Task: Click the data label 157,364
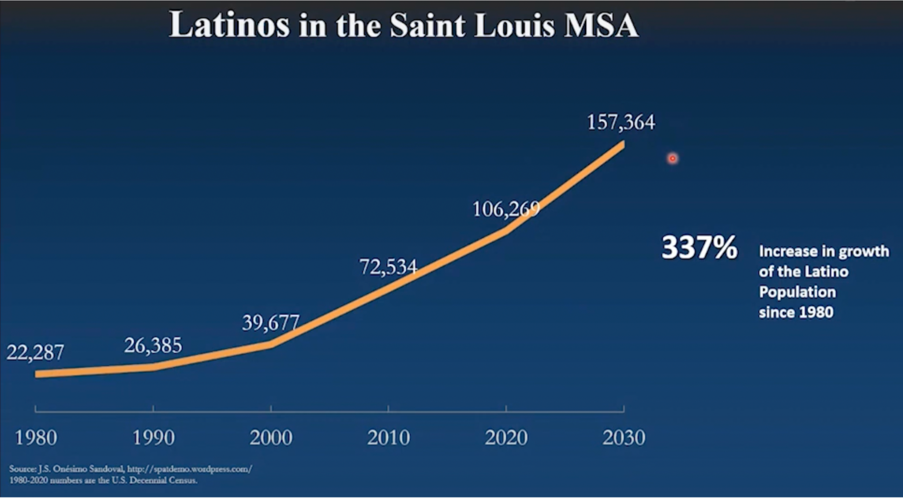pyautogui.click(x=621, y=123)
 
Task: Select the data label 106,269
pyautogui.click(x=506, y=209)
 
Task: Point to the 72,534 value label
pyautogui.click(x=388, y=267)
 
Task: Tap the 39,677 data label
pyautogui.click(x=270, y=322)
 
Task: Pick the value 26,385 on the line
pyautogui.click(x=153, y=346)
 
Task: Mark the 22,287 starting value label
pyautogui.click(x=35, y=352)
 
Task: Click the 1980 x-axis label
pyautogui.click(x=36, y=437)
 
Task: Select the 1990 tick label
pyautogui.click(x=153, y=437)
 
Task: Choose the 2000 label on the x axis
pyautogui.click(x=271, y=437)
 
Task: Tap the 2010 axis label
pyautogui.click(x=388, y=437)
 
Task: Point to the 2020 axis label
pyautogui.click(x=506, y=437)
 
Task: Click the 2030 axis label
pyautogui.click(x=623, y=437)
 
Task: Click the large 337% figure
pyautogui.click(x=699, y=247)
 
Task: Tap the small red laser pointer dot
pyautogui.click(x=672, y=158)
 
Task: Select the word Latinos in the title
pyautogui.click(x=229, y=25)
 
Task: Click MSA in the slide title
pyautogui.click(x=601, y=25)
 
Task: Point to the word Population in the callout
pyautogui.click(x=797, y=292)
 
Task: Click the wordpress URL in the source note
pyautogui.click(x=189, y=469)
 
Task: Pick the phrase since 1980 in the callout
pyautogui.click(x=796, y=312)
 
